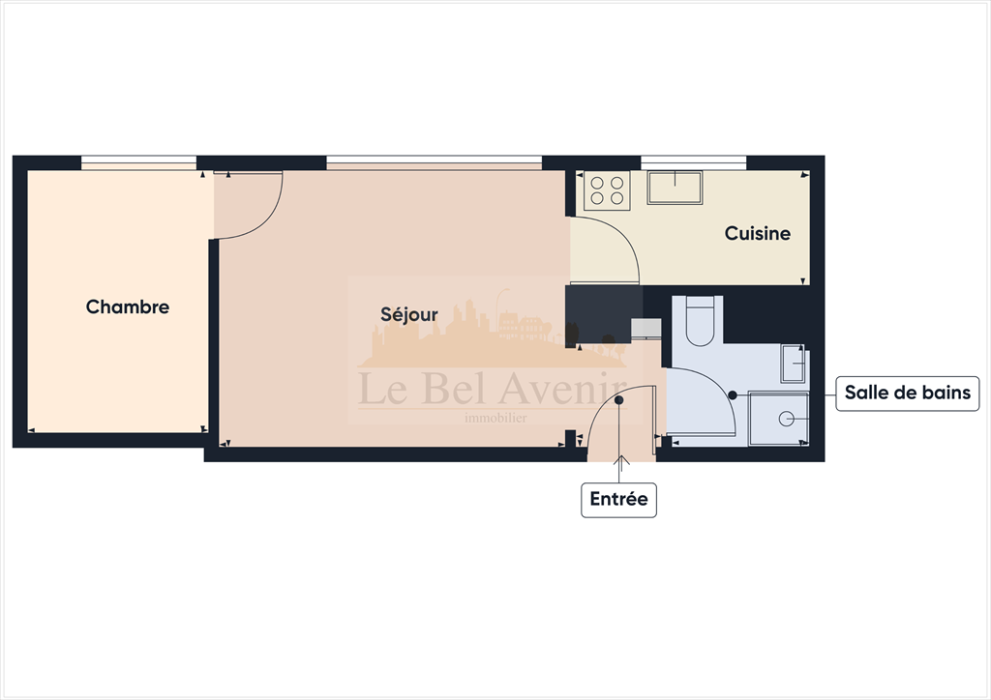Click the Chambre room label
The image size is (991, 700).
pos(128,306)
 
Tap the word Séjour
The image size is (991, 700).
pos(408,314)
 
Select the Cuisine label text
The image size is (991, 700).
pos(758,233)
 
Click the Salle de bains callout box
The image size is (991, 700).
pos(907,393)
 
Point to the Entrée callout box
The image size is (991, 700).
pos(618,500)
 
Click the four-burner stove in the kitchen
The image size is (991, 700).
pos(607,190)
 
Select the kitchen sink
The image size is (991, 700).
pos(675,188)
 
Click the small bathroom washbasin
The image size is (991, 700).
pos(794,365)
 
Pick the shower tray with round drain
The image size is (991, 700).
pos(779,418)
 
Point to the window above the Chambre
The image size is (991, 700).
pos(139,163)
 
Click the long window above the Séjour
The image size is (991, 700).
pos(434,163)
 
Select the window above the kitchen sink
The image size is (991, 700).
pos(693,163)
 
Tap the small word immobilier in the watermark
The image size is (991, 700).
pos(495,419)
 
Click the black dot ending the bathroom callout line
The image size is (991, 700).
pos(733,394)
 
